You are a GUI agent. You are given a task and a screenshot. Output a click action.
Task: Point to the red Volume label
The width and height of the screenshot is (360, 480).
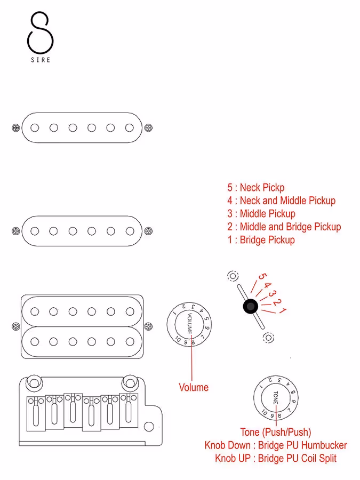(x=194, y=388)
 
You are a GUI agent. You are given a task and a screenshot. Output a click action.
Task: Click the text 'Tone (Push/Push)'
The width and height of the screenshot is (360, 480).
(x=276, y=432)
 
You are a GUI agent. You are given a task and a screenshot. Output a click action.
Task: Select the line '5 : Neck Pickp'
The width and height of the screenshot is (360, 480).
(x=255, y=188)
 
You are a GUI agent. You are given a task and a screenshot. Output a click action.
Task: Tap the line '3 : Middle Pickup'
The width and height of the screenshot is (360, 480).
(x=261, y=214)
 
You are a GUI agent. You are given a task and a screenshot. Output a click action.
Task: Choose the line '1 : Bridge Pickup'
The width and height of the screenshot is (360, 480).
(x=261, y=240)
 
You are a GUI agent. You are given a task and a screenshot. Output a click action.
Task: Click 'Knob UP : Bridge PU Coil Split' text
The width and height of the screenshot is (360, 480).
(x=276, y=458)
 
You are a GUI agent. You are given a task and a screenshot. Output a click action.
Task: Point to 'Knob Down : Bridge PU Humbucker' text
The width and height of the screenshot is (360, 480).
(x=276, y=445)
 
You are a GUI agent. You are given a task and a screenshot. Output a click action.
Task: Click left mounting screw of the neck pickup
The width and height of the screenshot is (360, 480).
(x=15, y=127)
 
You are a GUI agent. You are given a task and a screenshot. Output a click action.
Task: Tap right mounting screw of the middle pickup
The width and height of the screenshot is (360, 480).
(x=148, y=231)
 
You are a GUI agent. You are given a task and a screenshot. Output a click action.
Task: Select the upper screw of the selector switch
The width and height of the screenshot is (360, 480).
(x=233, y=276)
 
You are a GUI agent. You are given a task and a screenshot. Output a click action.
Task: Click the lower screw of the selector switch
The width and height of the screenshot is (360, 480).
(x=268, y=338)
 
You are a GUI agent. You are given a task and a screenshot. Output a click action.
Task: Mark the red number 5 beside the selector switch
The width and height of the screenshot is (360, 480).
(x=261, y=277)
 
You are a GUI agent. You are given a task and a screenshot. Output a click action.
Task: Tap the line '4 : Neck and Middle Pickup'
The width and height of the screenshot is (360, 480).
(x=281, y=201)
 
